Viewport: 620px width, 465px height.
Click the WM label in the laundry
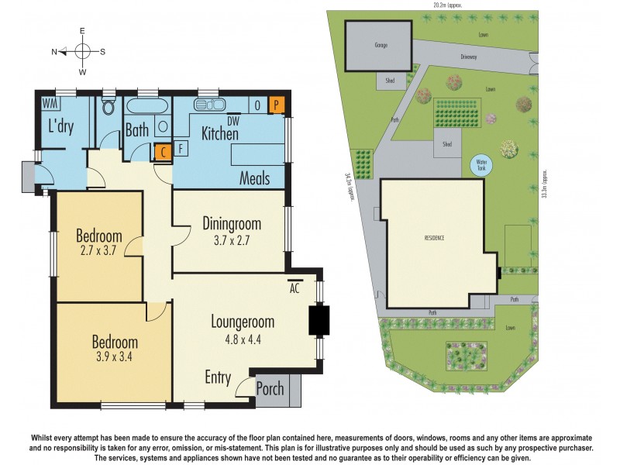click(x=50, y=103)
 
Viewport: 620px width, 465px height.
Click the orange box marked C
click(x=163, y=152)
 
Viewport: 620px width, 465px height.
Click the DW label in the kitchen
click(x=233, y=120)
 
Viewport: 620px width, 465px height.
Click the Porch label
click(x=270, y=389)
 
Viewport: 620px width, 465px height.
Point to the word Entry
click(x=218, y=377)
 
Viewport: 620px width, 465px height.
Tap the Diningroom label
click(x=232, y=224)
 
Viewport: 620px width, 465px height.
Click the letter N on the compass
click(x=55, y=52)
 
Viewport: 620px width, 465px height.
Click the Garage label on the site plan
click(x=381, y=45)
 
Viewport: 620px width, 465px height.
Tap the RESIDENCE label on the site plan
click(x=434, y=238)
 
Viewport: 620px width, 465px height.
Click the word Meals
click(x=254, y=178)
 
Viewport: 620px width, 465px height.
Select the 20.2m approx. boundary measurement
click(x=444, y=5)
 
